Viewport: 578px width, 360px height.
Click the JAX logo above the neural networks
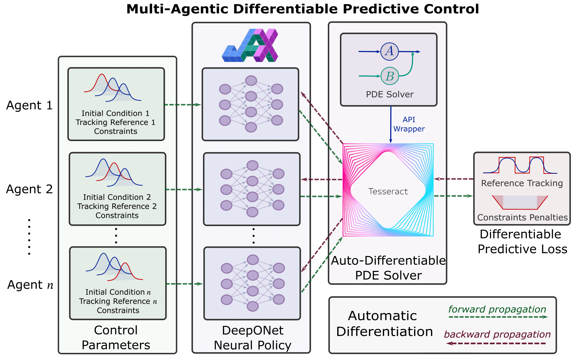coord(250,46)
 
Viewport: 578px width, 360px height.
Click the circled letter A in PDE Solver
coord(389,51)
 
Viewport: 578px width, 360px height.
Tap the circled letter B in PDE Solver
coord(389,76)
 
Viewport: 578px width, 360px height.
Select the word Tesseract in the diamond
coord(388,192)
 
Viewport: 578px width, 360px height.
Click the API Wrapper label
coord(409,124)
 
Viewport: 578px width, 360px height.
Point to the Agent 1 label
coord(30,106)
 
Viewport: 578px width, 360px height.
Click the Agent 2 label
coord(30,189)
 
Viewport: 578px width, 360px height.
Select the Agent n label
coord(30,285)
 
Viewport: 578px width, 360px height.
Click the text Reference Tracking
coord(522,183)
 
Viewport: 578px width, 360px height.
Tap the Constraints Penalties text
coord(522,218)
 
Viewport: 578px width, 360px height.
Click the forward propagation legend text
coord(497,309)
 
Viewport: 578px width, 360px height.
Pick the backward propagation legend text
coord(497,334)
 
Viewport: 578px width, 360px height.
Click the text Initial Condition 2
coord(117,197)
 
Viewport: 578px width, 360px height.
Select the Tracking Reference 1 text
coord(115,122)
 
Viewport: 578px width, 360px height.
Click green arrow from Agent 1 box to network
coord(182,105)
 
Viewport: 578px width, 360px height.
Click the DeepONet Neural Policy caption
coord(252,338)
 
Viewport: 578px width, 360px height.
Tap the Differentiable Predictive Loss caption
coord(522,242)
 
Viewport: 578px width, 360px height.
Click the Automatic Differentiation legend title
coord(384,324)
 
